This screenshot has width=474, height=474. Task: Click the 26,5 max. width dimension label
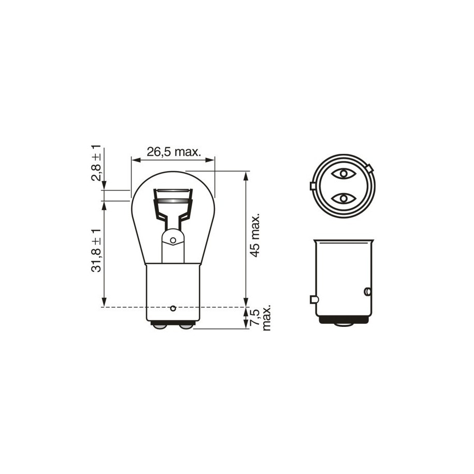point(173,152)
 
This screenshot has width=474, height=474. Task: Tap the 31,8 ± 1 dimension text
point(96,250)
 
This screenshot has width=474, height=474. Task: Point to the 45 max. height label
point(255,235)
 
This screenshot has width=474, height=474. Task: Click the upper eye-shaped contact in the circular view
point(342,173)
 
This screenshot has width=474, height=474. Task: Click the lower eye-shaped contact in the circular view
point(342,198)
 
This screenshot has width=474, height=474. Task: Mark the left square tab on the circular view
point(312,186)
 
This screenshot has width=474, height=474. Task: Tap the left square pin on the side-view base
point(313,299)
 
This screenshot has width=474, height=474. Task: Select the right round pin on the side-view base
point(368,292)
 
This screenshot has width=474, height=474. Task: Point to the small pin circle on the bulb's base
point(173,308)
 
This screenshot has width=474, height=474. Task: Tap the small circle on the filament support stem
point(173,240)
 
